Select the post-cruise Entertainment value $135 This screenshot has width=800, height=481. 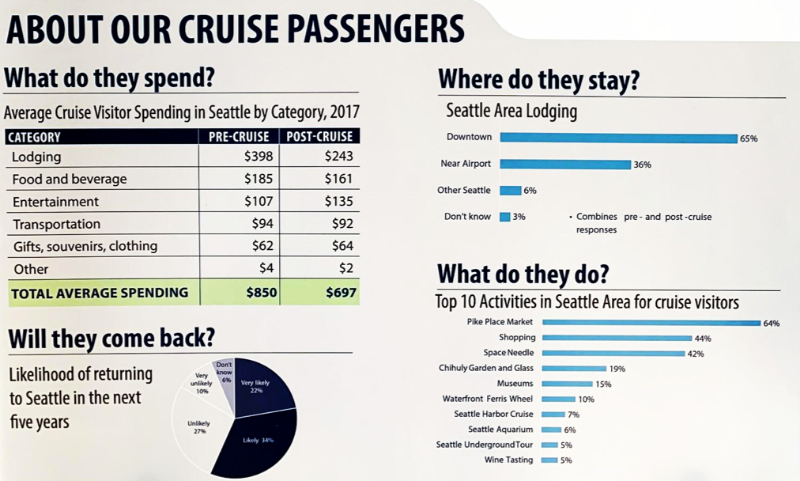(x=338, y=202)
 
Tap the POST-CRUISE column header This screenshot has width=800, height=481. (x=319, y=137)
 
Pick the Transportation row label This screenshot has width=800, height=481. (x=57, y=225)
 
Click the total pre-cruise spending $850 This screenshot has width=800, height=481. (x=261, y=293)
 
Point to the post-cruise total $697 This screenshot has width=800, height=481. (x=341, y=293)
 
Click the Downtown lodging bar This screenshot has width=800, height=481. (x=618, y=138)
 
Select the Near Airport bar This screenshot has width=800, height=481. (x=564, y=165)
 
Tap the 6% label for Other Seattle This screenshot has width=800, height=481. (x=530, y=191)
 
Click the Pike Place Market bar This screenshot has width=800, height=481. (x=651, y=323)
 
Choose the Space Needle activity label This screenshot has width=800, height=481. (x=508, y=353)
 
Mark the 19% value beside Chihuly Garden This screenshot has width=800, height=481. (x=617, y=369)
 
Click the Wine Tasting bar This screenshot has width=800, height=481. (x=549, y=460)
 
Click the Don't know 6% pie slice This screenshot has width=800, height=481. (x=225, y=376)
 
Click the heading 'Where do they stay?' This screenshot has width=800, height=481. (x=538, y=81)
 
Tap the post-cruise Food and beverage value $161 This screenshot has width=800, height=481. (x=338, y=180)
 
